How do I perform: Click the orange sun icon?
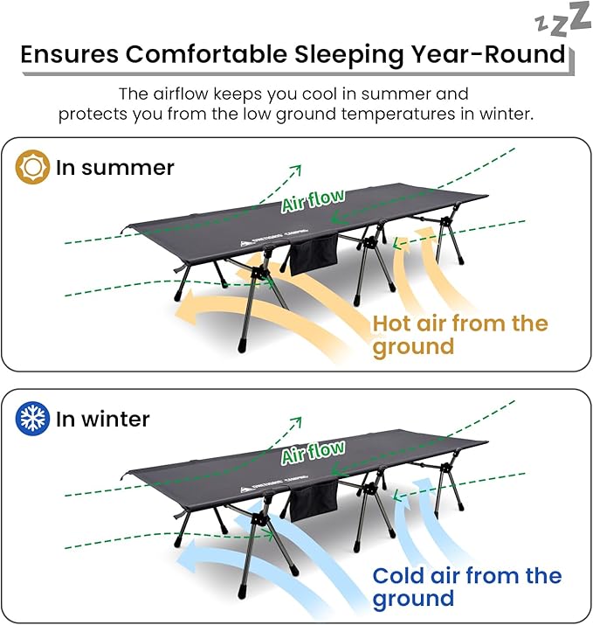[x=33, y=167]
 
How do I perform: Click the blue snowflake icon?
[x=33, y=419]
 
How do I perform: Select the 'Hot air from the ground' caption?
[x=459, y=335]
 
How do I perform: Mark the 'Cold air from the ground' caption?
[x=466, y=587]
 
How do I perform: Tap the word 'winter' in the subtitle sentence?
[x=503, y=115]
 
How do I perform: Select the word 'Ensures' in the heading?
[x=69, y=54]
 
